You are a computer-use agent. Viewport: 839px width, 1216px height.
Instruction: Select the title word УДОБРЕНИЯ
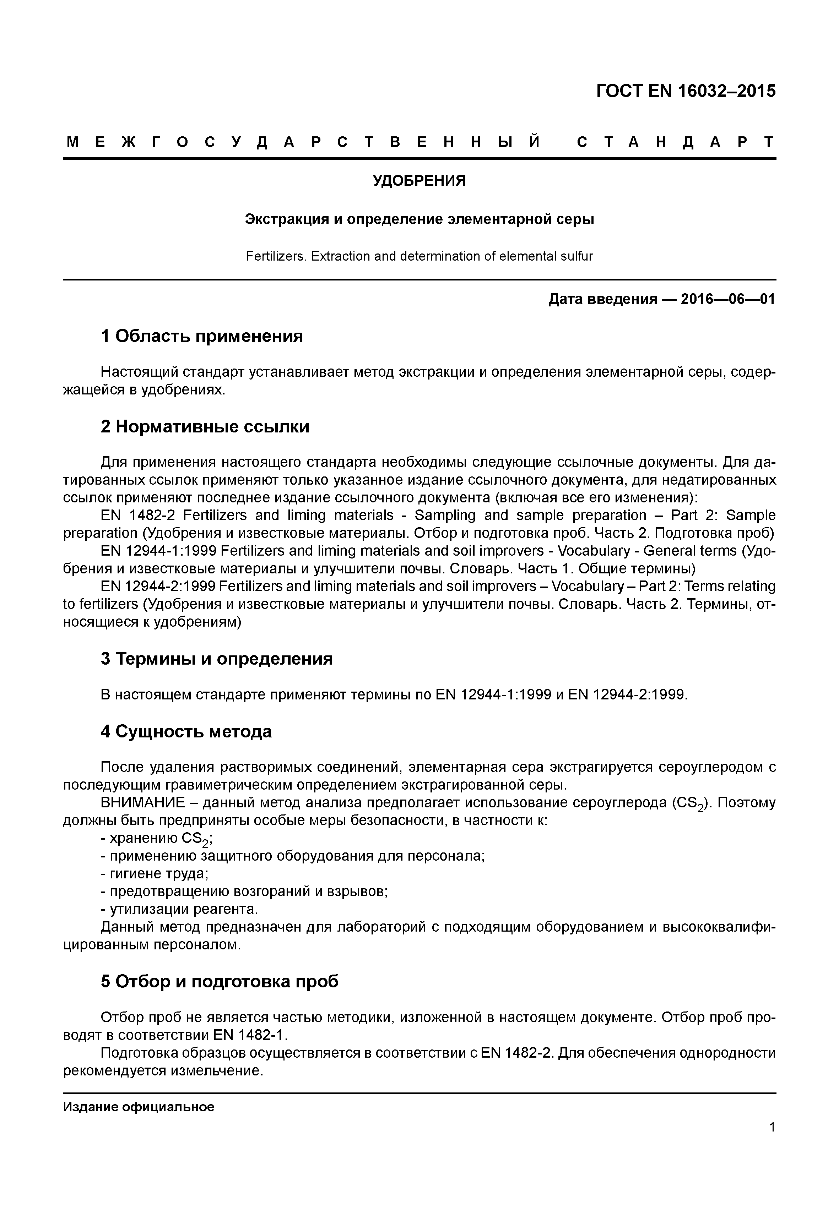419,181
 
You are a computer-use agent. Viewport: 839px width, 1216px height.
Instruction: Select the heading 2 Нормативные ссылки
205,427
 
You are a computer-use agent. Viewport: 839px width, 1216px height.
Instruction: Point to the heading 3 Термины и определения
217,659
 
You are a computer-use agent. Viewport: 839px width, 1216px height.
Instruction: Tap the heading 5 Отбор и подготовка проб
220,982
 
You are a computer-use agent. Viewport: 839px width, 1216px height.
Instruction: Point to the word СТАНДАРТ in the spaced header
676,142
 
